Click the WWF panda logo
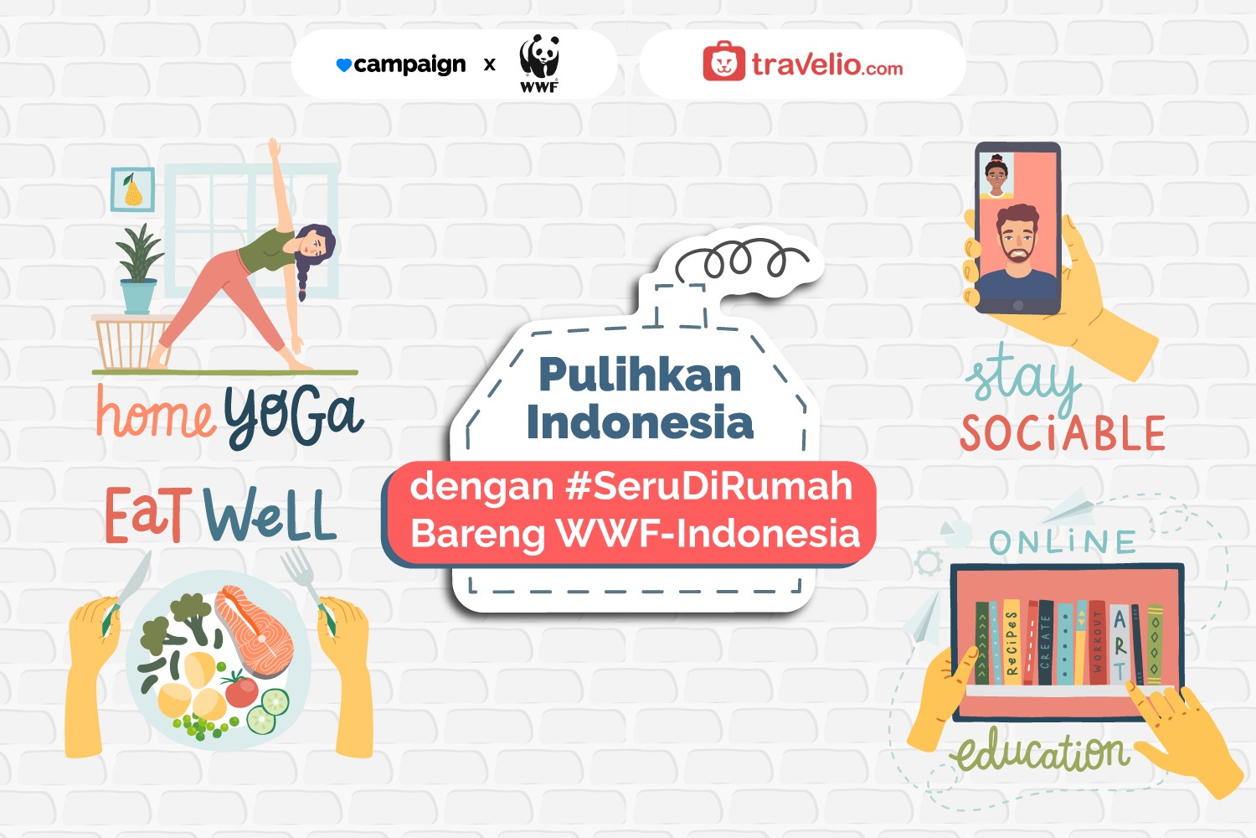pos(539,64)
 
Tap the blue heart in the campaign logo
pos(343,65)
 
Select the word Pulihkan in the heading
pos(641,375)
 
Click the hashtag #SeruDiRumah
pos(709,486)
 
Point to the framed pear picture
pos(132,189)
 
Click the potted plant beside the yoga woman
pos(138,269)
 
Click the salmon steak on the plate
pos(255,628)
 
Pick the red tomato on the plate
pos(241,691)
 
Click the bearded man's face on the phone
pos(1017,234)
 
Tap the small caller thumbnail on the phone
pos(996,175)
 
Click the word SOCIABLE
pos(1063,432)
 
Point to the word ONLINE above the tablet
pos(1063,542)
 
